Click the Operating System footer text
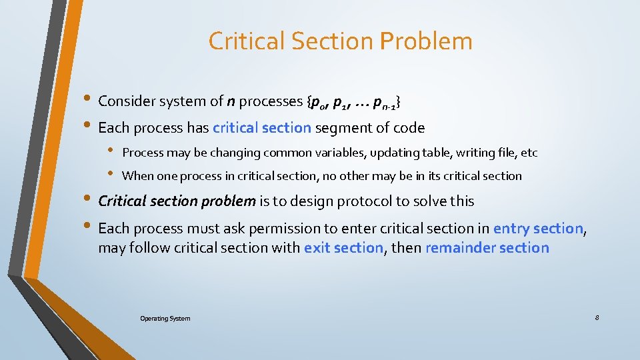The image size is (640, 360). [165, 319]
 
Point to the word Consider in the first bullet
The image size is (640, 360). [126, 101]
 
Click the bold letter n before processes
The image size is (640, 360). [230, 102]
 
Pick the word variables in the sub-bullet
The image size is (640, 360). [306, 153]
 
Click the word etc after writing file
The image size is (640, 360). [529, 153]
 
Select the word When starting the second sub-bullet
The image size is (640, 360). [138, 176]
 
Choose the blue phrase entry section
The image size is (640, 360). [538, 229]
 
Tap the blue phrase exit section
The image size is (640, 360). [343, 249]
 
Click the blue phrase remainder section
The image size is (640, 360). [487, 249]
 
